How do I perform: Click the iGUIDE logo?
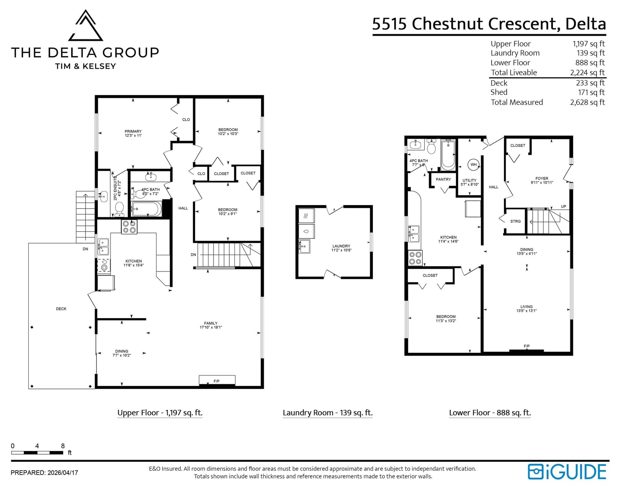[x=567, y=472]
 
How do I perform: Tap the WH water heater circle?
[x=473, y=165]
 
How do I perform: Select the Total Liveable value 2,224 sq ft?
[x=587, y=72]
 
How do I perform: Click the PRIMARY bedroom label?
[x=133, y=131]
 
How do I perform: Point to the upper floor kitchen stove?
[x=129, y=227]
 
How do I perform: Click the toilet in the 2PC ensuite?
[x=119, y=209]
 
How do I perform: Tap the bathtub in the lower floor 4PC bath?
[x=448, y=155]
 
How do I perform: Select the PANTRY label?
[x=443, y=180]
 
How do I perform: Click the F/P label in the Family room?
[x=216, y=381]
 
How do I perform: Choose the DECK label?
[x=61, y=309]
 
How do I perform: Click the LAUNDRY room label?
[x=341, y=246]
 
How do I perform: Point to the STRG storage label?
[x=515, y=221]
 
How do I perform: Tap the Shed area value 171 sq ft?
[x=591, y=92]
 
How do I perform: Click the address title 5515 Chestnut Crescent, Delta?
[x=489, y=24]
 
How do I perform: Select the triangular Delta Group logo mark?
[x=86, y=25]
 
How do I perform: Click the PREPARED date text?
[x=44, y=472]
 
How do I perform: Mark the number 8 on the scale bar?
[x=63, y=446]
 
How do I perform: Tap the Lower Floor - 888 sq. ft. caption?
[x=490, y=413]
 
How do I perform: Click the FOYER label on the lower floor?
[x=542, y=178]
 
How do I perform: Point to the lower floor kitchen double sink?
[x=414, y=233]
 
